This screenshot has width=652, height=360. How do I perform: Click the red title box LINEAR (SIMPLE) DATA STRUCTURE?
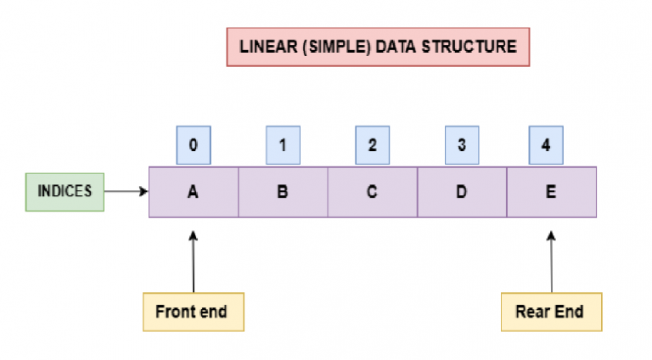[x=378, y=47]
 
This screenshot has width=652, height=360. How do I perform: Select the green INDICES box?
[x=64, y=192]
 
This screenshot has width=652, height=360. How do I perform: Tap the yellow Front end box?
[x=191, y=312]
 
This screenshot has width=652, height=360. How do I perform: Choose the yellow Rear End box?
[x=549, y=312]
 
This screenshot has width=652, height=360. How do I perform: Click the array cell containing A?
[x=194, y=192]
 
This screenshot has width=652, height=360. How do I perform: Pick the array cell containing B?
[x=283, y=192]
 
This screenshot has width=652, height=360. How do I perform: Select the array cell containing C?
[x=372, y=192]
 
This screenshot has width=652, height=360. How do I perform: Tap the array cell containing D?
[x=461, y=192]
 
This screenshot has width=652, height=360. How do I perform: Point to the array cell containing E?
[x=551, y=192]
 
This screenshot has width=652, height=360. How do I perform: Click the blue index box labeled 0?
[x=194, y=145]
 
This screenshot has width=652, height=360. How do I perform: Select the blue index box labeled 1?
[x=283, y=145]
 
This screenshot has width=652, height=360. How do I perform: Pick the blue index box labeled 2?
[x=372, y=145]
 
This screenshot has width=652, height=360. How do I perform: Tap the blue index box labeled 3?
[x=461, y=145]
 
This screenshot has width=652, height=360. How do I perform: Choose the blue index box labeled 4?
[x=545, y=145]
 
